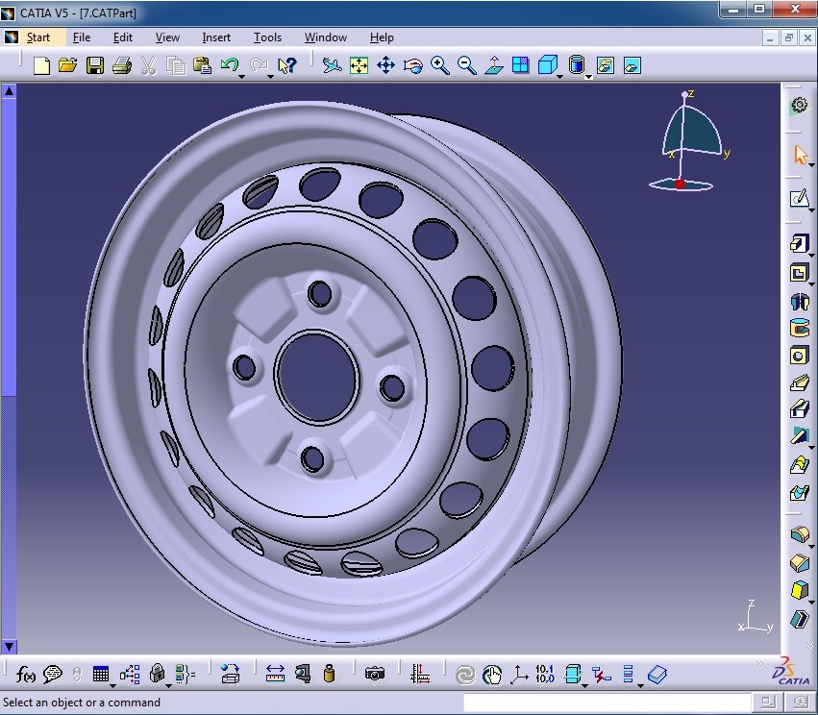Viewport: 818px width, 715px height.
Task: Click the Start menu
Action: [37, 37]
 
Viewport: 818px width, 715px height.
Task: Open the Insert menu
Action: [216, 37]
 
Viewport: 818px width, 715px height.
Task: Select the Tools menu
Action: [267, 37]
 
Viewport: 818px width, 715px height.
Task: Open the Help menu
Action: [382, 37]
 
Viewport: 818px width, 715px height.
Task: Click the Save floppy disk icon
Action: [94, 65]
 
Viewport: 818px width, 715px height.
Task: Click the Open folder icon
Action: [67, 65]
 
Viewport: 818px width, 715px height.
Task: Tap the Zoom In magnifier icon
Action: [440, 65]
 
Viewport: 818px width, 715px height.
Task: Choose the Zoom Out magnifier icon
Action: [467, 65]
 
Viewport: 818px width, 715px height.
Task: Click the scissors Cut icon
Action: [148, 65]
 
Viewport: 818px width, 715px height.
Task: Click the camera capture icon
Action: [375, 674]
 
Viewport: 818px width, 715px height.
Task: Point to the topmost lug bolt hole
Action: [319, 294]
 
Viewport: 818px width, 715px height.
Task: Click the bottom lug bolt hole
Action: [313, 457]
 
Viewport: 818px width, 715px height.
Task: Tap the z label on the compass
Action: [690, 93]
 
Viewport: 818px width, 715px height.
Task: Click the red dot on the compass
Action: [680, 184]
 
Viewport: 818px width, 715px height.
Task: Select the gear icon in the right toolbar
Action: [799, 105]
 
